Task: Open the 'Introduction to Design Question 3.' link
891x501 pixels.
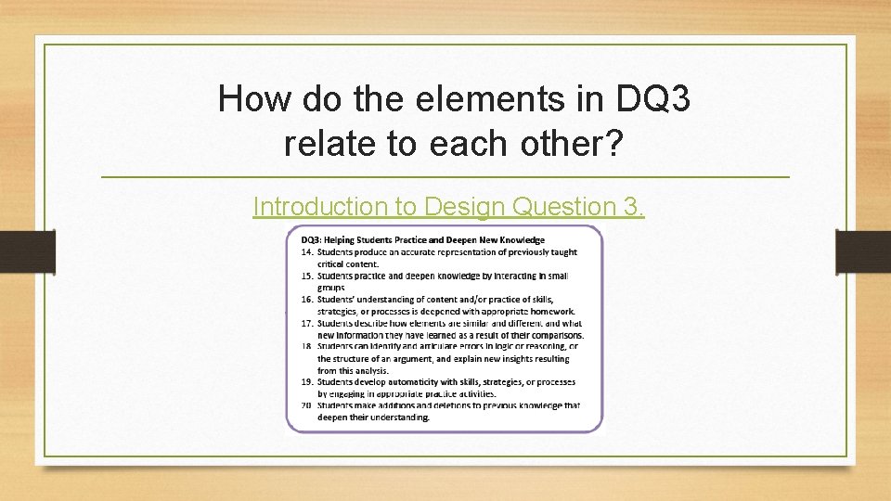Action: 449,206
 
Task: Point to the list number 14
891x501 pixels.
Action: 305,252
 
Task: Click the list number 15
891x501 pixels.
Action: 305,276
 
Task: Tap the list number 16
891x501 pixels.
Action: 305,299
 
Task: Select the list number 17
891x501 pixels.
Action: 305,323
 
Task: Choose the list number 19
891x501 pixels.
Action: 305,381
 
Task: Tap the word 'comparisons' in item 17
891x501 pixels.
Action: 553,334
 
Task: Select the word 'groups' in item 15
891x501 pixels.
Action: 331,288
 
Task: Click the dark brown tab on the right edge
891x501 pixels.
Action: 862,252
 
